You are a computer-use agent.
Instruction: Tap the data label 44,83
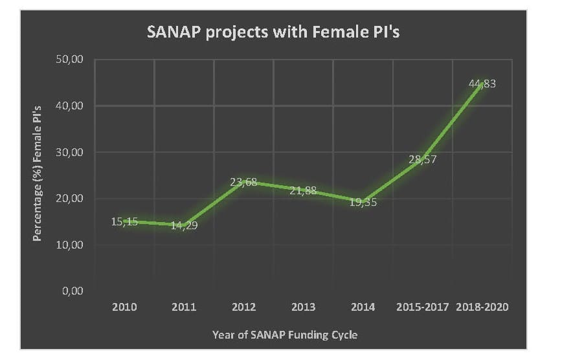482,84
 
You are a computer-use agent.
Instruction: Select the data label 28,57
423,160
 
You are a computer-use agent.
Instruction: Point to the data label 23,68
243,182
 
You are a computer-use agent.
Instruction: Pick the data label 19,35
363,202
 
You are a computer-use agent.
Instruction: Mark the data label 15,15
125,221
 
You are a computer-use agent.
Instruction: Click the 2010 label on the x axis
124,307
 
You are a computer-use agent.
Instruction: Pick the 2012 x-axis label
243,307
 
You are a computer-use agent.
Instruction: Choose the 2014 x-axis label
363,307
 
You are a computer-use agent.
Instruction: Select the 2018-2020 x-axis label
482,307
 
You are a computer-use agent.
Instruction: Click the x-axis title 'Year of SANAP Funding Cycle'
285,335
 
